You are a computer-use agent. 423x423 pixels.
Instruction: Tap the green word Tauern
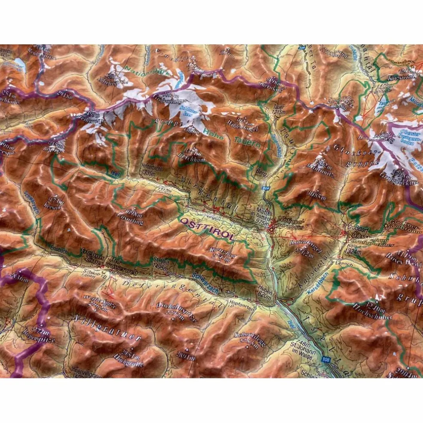coord(247,142)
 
